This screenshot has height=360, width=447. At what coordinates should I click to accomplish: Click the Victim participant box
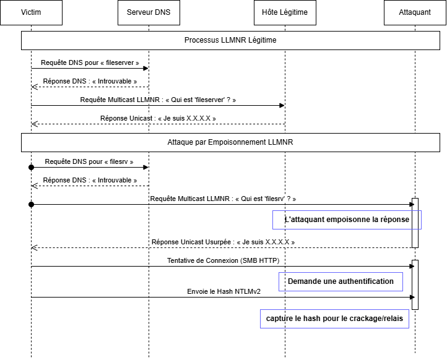pyautogui.click(x=31, y=12)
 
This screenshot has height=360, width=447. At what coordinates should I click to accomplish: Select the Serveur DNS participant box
pyautogui.click(x=149, y=12)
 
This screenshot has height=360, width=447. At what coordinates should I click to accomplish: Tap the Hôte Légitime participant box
pyautogui.click(x=285, y=12)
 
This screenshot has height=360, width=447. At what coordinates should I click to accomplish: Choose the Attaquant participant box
pyautogui.click(x=415, y=12)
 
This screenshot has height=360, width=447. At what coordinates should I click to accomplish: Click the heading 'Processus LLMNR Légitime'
pyautogui.click(x=230, y=40)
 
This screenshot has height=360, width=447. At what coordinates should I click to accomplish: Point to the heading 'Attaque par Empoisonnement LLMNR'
pyautogui.click(x=230, y=142)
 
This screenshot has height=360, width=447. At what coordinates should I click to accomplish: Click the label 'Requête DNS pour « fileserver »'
pyautogui.click(x=90, y=62)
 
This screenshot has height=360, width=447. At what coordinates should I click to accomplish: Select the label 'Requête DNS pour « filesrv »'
pyautogui.click(x=89, y=162)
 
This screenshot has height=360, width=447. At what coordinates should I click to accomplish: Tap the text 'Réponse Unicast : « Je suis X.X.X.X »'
pyautogui.click(x=158, y=118)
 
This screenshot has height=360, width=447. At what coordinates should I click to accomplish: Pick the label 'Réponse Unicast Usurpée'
pyautogui.click(x=191, y=242)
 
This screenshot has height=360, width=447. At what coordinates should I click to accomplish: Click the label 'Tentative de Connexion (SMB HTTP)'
pyautogui.click(x=223, y=260)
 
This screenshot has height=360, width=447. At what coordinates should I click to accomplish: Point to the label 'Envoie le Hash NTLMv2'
pyautogui.click(x=223, y=291)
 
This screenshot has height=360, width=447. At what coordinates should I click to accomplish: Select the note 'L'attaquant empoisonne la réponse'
pyautogui.click(x=347, y=220)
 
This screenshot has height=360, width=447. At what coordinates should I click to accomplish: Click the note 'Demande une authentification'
pyautogui.click(x=341, y=281)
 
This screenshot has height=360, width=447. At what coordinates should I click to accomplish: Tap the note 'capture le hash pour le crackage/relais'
pyautogui.click(x=334, y=319)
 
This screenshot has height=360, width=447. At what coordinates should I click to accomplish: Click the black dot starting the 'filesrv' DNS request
pyautogui.click(x=32, y=167)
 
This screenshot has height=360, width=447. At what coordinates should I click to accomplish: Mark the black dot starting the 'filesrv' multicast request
pyautogui.click(x=32, y=204)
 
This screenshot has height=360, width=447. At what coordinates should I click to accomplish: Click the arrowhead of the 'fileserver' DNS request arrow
pyautogui.click(x=145, y=69)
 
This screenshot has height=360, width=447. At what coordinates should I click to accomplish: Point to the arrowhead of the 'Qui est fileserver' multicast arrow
pyautogui.click(x=282, y=105)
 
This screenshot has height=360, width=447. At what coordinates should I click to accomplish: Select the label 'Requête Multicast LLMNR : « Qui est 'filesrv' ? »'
pyautogui.click(x=223, y=199)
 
